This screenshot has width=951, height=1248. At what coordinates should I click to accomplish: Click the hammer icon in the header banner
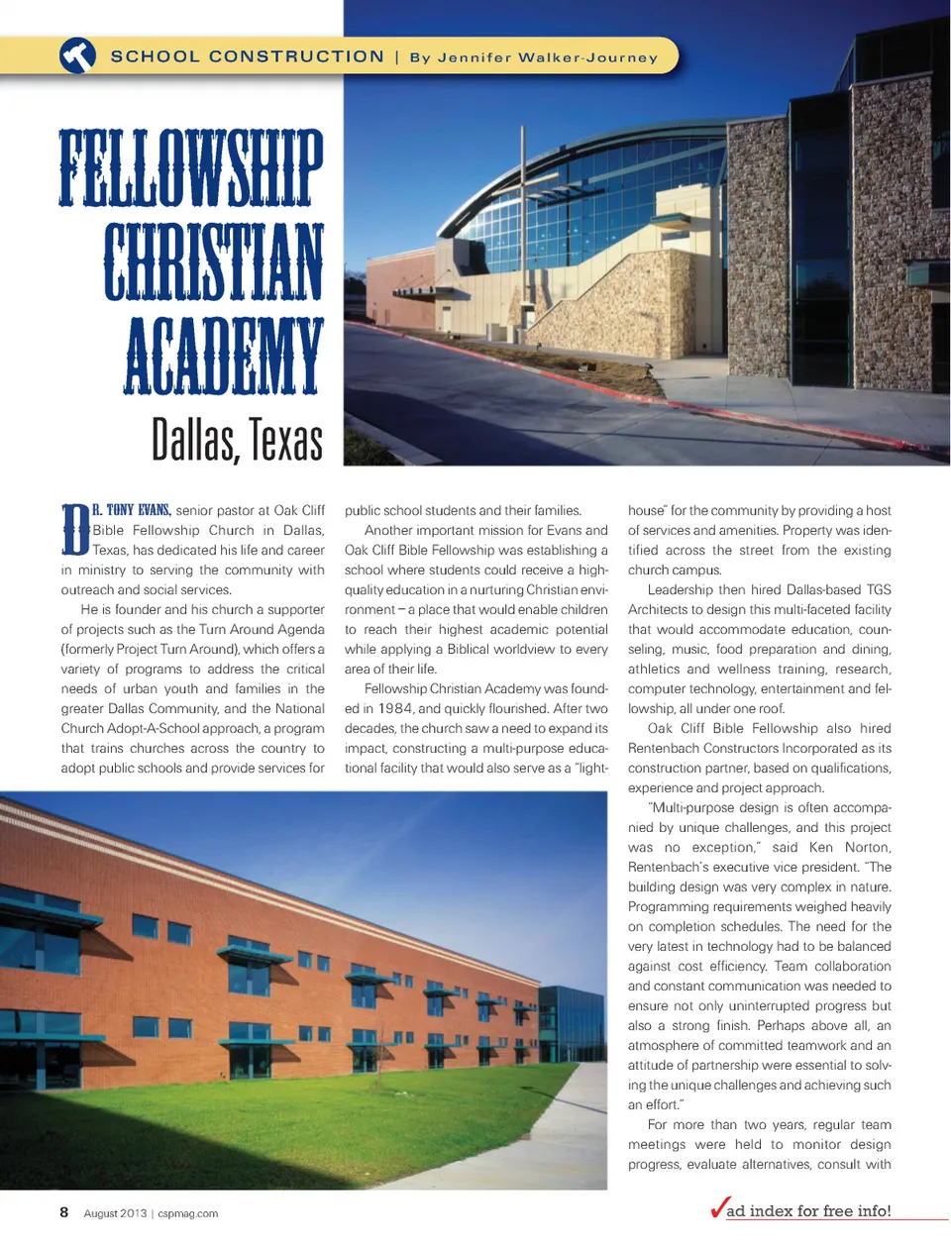77,55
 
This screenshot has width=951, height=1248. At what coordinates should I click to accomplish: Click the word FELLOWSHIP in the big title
191,167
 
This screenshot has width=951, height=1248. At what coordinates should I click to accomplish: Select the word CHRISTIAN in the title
214,261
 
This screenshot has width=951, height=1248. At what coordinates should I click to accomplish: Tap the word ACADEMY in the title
225,356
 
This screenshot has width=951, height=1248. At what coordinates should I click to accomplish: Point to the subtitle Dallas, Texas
237,440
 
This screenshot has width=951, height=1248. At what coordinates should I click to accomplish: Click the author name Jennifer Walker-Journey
534,57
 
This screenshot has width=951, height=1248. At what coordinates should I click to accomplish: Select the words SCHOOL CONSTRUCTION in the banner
247,56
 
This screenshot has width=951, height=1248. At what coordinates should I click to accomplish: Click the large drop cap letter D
75,530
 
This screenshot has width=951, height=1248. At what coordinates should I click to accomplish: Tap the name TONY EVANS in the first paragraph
139,510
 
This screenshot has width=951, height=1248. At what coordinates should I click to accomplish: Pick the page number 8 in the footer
64,1212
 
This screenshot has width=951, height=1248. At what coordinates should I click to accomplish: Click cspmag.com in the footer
188,1213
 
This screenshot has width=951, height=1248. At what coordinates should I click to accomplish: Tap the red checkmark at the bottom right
718,1208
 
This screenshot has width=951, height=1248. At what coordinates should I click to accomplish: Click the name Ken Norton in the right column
850,847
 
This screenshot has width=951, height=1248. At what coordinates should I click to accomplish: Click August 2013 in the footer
115,1213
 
